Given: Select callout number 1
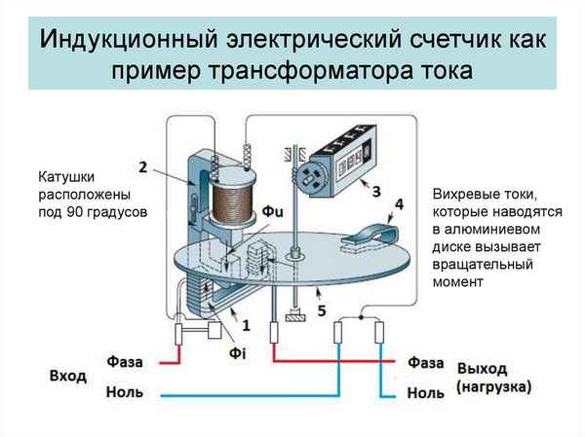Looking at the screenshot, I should (x=246, y=323).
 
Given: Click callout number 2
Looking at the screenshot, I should (x=143, y=167).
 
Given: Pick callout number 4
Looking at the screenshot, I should (x=398, y=204).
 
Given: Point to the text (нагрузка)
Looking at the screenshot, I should (x=493, y=386).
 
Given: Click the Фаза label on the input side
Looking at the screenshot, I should (x=125, y=361).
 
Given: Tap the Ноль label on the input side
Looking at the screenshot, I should (x=125, y=392).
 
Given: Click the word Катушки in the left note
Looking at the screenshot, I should (x=69, y=177).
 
